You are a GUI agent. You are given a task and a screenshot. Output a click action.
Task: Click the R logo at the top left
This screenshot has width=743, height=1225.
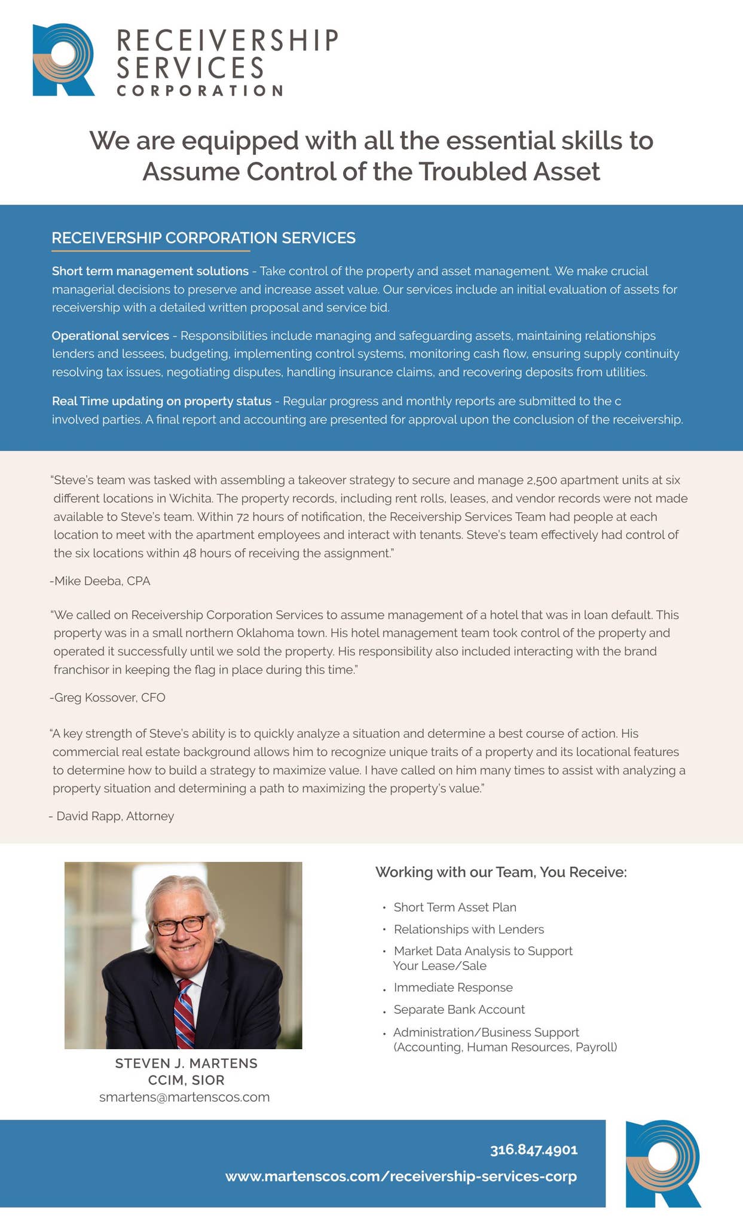click(63, 60)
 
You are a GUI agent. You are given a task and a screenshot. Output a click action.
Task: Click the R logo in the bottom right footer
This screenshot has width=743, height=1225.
click(662, 1163)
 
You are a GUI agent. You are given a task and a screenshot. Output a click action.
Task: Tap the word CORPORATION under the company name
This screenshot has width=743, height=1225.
click(200, 91)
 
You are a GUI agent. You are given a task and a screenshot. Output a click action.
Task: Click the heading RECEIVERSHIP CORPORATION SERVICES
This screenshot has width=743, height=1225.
click(203, 238)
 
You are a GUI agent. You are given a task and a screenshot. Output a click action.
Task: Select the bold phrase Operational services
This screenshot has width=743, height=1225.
click(110, 336)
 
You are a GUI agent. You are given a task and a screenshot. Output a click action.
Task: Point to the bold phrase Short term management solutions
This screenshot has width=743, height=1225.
click(150, 271)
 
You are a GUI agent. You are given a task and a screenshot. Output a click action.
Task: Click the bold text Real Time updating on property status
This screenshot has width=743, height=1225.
click(161, 401)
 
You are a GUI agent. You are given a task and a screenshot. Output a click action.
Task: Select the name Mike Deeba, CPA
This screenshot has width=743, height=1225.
click(101, 581)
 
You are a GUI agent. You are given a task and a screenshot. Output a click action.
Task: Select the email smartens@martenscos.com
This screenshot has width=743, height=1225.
click(184, 1097)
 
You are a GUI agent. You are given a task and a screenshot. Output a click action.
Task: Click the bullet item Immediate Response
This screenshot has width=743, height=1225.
click(452, 988)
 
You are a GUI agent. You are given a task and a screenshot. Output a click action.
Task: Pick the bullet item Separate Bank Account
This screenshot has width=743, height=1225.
click(458, 1010)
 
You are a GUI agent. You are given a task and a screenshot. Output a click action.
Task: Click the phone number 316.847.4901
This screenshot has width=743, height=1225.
click(533, 1150)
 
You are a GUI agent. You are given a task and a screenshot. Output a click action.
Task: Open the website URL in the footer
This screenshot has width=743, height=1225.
click(400, 1177)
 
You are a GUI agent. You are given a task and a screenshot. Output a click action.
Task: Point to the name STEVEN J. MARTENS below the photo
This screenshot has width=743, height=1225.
click(186, 1063)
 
